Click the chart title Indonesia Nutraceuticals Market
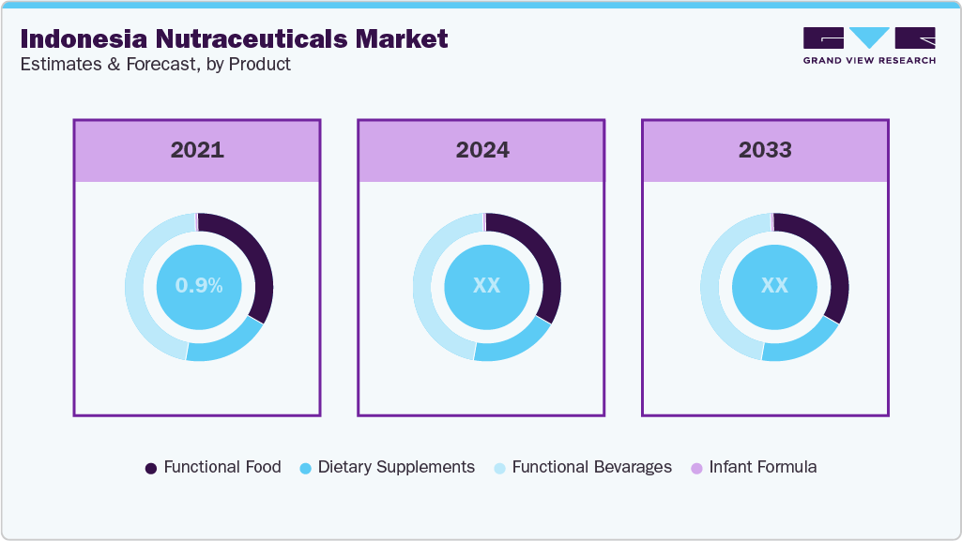pos(234,38)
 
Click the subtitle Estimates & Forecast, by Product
pos(155,65)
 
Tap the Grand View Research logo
pos(868,45)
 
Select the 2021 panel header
pos(197,150)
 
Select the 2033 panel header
pos(765,150)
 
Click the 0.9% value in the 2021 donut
pos(199,286)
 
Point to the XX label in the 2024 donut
pos(486,286)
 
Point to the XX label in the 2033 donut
pos(774,286)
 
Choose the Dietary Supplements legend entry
pos(386,467)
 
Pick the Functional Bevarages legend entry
pos(582,467)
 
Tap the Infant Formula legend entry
pos(753,467)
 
